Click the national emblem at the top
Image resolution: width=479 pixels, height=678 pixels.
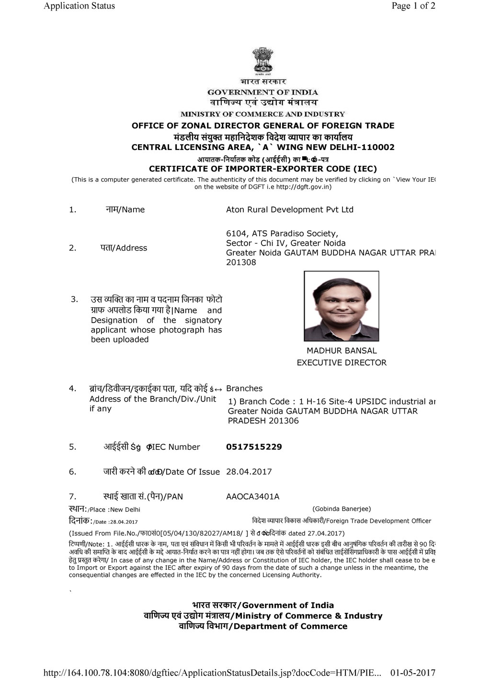262,61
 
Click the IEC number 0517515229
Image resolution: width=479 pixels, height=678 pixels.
254,447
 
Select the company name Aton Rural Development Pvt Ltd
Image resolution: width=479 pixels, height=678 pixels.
289,209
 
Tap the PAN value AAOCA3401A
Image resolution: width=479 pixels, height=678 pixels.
252,496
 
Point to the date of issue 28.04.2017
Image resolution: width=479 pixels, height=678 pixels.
249,471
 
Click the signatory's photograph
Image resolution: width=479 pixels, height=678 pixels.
341,306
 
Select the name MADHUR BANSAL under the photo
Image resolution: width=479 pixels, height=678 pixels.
342,351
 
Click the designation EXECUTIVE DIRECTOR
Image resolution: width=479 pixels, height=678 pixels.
342,363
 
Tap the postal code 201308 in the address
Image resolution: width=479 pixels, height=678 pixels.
241,262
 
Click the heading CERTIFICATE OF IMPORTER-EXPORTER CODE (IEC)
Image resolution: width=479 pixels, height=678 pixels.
263,169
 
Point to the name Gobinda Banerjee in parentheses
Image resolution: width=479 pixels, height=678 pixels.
342,509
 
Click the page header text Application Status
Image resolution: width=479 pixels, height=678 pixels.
79,6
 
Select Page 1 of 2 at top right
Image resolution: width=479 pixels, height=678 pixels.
413,6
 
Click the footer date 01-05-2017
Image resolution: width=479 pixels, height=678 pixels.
413,673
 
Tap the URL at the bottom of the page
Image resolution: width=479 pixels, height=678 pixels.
212,673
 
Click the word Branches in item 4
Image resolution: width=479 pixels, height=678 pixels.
244,389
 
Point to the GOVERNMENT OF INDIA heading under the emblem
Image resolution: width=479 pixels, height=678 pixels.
262,92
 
